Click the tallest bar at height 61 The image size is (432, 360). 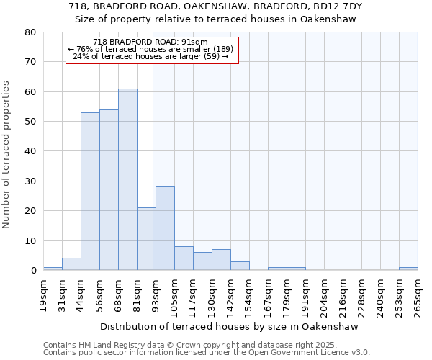coord(127,179)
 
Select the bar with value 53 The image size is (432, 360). coord(90,192)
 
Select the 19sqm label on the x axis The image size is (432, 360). coord(43,295)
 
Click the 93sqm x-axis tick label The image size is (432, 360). coord(156,295)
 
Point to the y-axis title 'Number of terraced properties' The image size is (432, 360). coord(6,155)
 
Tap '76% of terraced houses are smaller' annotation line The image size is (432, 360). coord(150,49)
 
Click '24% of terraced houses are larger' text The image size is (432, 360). coord(150,56)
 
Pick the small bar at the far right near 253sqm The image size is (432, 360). coord(408,269)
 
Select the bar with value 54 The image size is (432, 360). coord(109,190)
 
